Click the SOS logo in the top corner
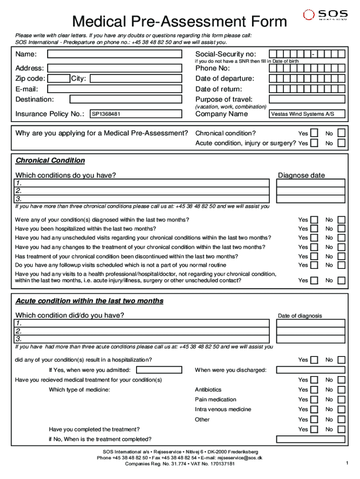point(325,15)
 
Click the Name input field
point(115,54)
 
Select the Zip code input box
point(59,79)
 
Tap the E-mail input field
point(115,89)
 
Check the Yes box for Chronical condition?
point(315,133)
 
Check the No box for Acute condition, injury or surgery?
point(341,143)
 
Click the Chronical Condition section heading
point(50,160)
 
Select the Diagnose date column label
point(301,175)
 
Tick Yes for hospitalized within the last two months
point(315,229)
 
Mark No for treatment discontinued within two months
point(341,256)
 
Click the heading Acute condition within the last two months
point(89,301)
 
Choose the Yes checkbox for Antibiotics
point(315,390)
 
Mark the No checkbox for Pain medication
point(341,399)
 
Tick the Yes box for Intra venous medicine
point(315,409)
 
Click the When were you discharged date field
point(311,370)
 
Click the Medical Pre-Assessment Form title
point(179,22)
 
